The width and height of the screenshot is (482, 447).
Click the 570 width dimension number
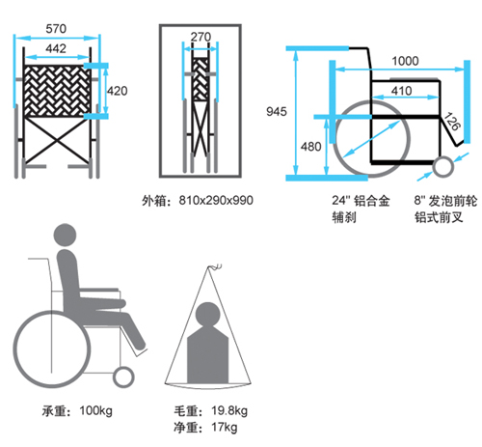tap(56, 29)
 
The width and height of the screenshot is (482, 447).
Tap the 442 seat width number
tap(56, 48)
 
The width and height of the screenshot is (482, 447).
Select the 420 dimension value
tap(118, 91)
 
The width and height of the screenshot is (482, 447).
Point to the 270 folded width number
tap(201, 37)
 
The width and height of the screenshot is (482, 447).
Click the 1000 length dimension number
tap(405, 61)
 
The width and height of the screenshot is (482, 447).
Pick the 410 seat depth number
tap(402, 91)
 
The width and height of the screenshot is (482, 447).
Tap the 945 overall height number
tap(277, 112)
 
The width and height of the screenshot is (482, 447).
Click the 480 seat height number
tap(311, 147)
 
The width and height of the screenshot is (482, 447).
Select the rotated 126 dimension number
tap(452, 121)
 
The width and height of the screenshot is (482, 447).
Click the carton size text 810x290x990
tap(216, 200)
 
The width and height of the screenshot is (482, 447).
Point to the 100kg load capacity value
tap(96, 410)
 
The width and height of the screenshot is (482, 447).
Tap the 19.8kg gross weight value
tap(229, 410)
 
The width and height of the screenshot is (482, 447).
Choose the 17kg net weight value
tap(225, 428)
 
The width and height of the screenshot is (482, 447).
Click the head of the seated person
tap(65, 236)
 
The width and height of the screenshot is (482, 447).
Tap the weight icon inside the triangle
tap(208, 343)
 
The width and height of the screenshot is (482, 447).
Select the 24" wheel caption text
tap(361, 210)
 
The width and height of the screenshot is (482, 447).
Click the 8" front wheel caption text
tap(445, 210)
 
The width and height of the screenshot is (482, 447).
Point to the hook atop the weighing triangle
tap(215, 266)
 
